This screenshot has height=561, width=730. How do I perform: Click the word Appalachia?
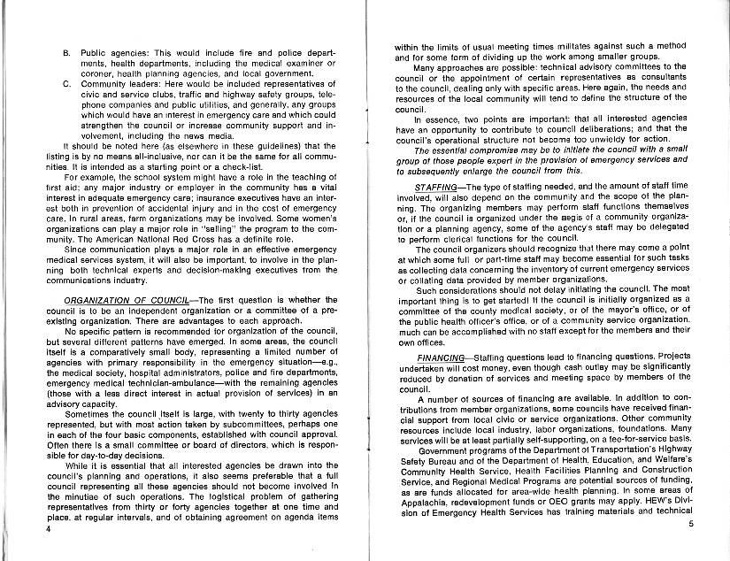pos(424,501)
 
